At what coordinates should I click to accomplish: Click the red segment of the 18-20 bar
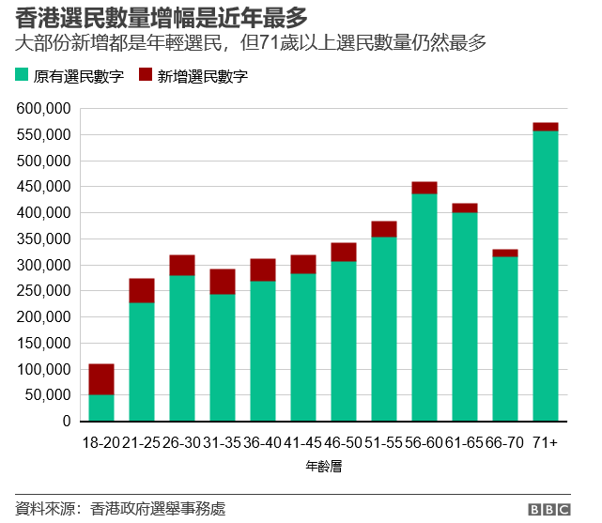tap(101, 379)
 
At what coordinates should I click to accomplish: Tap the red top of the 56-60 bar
tap(424, 188)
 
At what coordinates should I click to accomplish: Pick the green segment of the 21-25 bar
tap(142, 361)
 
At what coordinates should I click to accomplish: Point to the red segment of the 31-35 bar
tap(223, 282)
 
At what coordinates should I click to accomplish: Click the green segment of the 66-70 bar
tap(505, 338)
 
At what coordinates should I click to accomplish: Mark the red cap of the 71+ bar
tap(545, 127)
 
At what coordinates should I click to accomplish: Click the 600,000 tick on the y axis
tap(43, 109)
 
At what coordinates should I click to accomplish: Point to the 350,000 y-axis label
tap(43, 239)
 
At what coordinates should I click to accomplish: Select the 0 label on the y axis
tap(67, 423)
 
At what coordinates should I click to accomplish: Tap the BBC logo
tap(548, 510)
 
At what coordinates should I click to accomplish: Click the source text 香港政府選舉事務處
tap(159, 509)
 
